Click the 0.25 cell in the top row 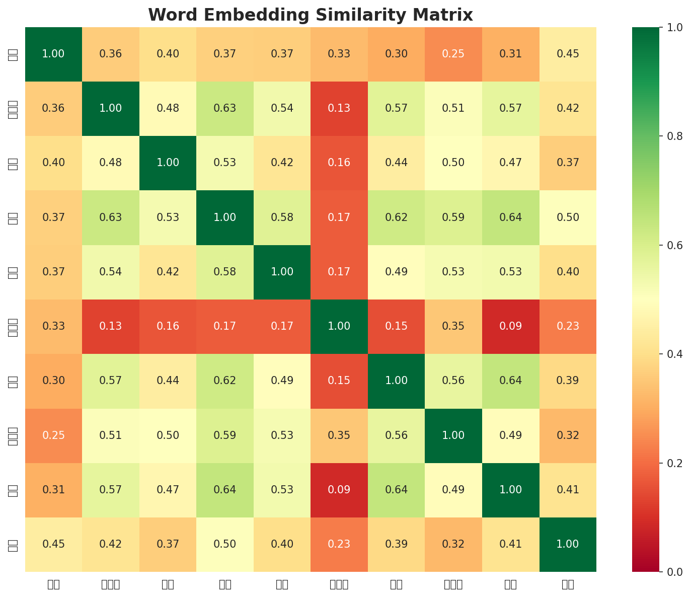(x=453, y=54)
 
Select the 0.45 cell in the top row (x=568, y=54)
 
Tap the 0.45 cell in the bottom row (x=53, y=544)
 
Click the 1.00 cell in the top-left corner (x=53, y=54)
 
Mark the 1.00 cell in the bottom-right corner (x=568, y=544)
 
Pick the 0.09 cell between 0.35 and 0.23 (x=510, y=326)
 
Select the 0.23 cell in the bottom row (x=339, y=544)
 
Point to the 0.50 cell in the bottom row (x=225, y=544)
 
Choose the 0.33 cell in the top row (x=339, y=54)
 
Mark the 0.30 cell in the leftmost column (x=53, y=381)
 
